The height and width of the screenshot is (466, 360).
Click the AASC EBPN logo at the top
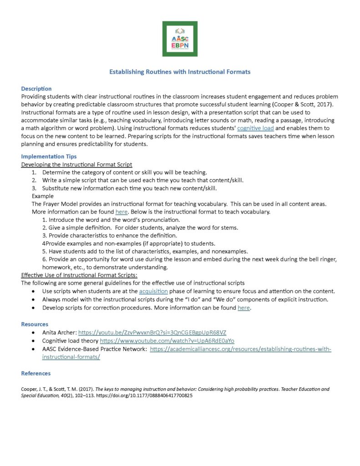pyautogui.click(x=180, y=39)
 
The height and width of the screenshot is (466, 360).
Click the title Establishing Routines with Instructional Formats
pyautogui.click(x=180, y=72)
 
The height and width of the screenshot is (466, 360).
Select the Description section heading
pyautogui.click(x=36, y=89)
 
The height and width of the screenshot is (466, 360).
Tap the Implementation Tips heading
pyautogui.click(x=49, y=157)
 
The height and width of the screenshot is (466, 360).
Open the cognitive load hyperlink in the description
pyautogui.click(x=255, y=128)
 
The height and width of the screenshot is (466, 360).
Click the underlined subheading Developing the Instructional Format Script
pyautogui.click(x=77, y=164)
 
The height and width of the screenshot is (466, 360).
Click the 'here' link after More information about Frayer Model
pyautogui.click(x=121, y=212)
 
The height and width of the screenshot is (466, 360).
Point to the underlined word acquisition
pyautogui.click(x=153, y=291)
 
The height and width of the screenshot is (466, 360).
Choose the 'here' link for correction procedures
pyautogui.click(x=243, y=308)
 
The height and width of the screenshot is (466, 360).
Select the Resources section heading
pyautogui.click(x=35, y=324)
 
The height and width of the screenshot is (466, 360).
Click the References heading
pyautogui.click(x=36, y=374)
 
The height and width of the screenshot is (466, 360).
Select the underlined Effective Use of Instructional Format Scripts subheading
pyautogui.click(x=79, y=275)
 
